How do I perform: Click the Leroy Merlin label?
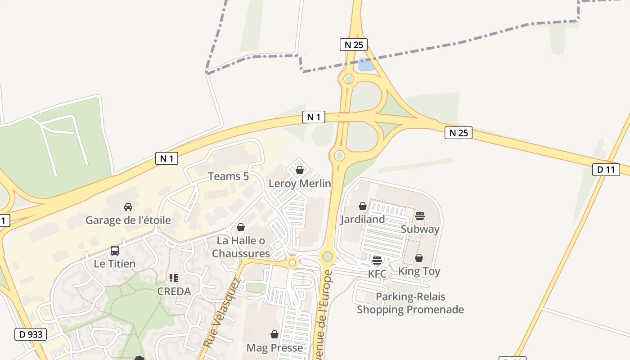coord(300,184)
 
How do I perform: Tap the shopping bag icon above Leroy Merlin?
coord(300,170)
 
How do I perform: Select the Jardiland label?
coord(363,219)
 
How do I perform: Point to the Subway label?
coord(420,229)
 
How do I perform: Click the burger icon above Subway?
coord(420,216)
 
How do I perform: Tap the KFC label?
coord(377,274)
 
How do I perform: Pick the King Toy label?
coord(419,271)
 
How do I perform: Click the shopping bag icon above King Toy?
coord(419,258)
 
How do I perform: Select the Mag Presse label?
coord(274,348)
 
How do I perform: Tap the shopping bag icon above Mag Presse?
coord(274,334)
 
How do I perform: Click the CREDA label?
coord(174,291)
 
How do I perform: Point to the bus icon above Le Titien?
coord(115,251)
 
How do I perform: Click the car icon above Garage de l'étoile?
coord(128,207)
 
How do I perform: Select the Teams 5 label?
coord(228,176)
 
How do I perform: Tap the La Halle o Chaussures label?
coord(241,247)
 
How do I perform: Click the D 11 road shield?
coord(606,170)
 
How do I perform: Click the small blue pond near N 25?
coord(365,66)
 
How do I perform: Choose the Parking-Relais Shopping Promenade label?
coord(410,303)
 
